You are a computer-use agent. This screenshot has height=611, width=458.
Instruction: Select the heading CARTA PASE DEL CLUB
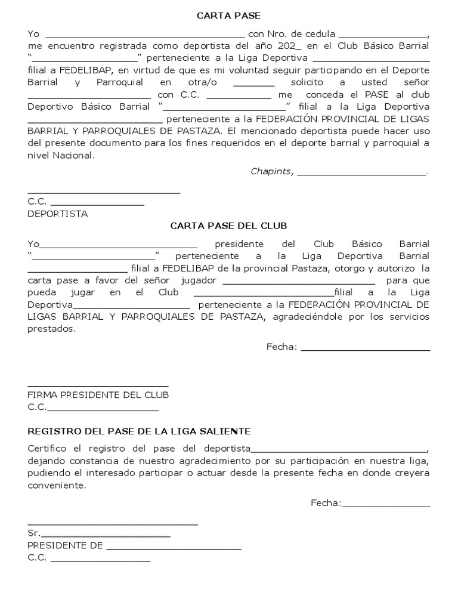pos(228,226)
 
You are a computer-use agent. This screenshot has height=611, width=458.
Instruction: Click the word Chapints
pos(271,172)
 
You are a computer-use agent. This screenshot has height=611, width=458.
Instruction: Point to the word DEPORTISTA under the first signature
pos(57,214)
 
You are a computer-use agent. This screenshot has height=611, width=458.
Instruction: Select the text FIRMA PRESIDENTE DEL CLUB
pos(98,395)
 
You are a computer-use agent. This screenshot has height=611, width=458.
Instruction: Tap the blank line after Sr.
pos(106,534)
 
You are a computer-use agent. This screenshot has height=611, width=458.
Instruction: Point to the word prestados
pos(51,328)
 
